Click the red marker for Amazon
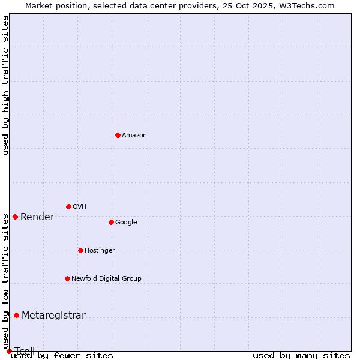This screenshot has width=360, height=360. [x=118, y=135]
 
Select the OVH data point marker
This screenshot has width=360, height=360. [x=68, y=206]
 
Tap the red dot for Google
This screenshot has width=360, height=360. [x=111, y=222]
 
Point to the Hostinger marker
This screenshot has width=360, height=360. [x=80, y=250]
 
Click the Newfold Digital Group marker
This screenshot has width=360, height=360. [x=67, y=278]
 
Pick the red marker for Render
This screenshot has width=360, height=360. [x=15, y=217]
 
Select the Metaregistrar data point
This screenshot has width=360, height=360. [x=16, y=315]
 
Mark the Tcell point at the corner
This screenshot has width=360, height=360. [x=9, y=351]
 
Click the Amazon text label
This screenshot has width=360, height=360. [x=134, y=136]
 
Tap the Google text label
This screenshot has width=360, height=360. [x=126, y=223]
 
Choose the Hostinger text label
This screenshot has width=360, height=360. [x=100, y=251]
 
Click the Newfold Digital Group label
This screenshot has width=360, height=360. [x=106, y=279]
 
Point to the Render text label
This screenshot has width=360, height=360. [x=37, y=217]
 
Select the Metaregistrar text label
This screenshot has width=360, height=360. [x=53, y=316]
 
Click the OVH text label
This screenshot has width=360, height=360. [x=79, y=207]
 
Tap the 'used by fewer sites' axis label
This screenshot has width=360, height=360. [x=62, y=356]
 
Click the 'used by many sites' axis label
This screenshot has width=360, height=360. [x=301, y=356]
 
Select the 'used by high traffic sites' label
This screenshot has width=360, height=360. [x=5, y=85]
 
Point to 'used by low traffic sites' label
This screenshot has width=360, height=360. [x=5, y=275]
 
